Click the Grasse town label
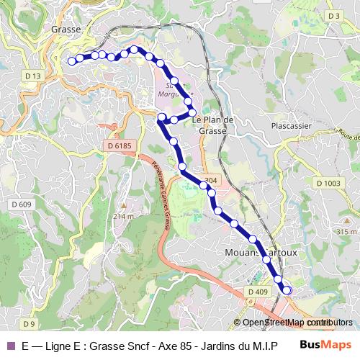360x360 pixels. pos(65,30)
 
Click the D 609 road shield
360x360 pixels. pos(22,205)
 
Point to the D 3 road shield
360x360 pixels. pos(333,15)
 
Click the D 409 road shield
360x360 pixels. pos(257,292)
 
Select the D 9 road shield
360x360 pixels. pos(29,323)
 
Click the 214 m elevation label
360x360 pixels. pos(123,216)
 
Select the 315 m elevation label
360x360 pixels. pos(346,232)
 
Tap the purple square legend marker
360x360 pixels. pos(10,346)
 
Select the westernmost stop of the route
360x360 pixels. pos(72,61)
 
